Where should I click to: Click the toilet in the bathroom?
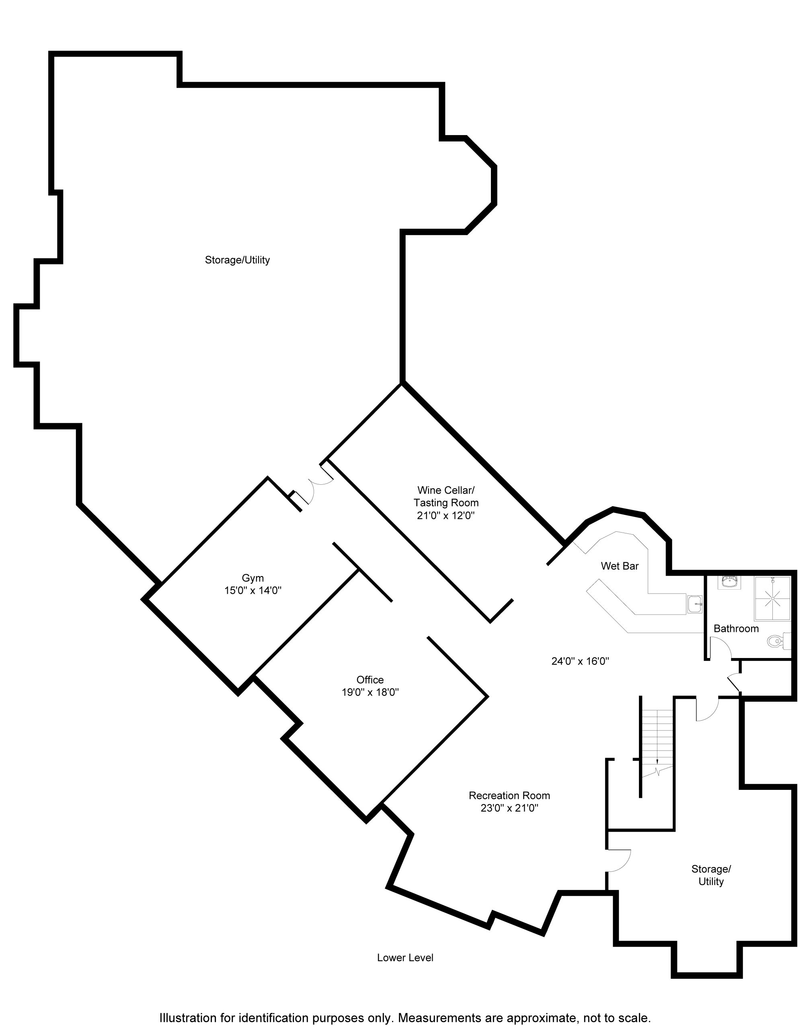(780, 642)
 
